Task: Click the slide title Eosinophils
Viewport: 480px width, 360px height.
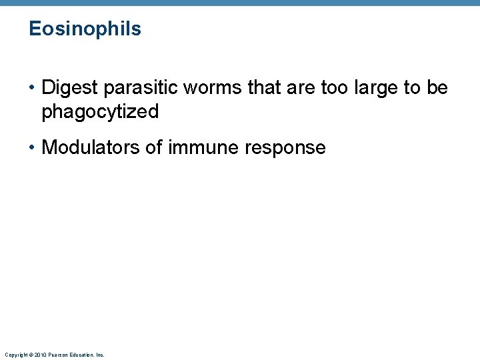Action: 85,29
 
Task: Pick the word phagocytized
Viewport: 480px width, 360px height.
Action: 100,112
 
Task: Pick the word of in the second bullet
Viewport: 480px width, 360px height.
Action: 153,147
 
